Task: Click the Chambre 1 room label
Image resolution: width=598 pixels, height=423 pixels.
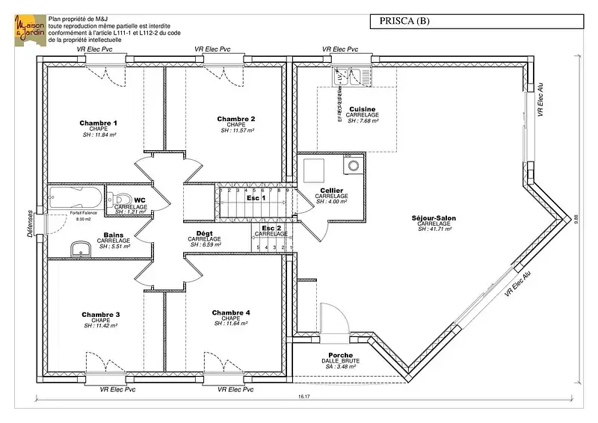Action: (99, 123)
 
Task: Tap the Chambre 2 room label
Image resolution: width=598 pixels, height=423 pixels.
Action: (236, 119)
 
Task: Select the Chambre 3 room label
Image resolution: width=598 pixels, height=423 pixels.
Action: (101, 314)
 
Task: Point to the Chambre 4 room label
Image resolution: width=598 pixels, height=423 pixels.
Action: (231, 312)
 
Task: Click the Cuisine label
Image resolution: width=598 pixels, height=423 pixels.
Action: (362, 108)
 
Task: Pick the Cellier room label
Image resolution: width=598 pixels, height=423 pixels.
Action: (331, 191)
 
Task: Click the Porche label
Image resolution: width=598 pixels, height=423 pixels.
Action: (340, 355)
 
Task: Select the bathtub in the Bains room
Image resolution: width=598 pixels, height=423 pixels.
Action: (75, 198)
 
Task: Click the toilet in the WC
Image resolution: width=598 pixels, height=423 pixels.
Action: (122, 198)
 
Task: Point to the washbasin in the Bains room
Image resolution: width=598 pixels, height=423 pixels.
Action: (79, 249)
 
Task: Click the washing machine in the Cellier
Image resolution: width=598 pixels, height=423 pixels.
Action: (351, 164)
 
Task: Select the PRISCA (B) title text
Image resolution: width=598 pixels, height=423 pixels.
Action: (410, 21)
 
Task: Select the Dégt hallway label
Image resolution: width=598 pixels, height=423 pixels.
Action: (204, 233)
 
